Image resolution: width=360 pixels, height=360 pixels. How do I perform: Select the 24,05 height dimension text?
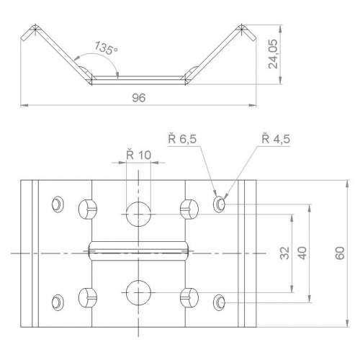click(273, 54)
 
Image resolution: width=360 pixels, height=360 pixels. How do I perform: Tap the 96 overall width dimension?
click(139, 98)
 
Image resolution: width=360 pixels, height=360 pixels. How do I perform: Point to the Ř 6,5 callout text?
click(182, 139)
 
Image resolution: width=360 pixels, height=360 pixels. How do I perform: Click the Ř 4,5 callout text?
click(276, 139)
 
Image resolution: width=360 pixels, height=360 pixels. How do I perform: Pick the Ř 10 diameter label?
click(139, 155)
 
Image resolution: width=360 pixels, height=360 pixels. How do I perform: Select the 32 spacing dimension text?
click(284, 253)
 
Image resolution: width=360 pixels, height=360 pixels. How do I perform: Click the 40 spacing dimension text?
click(302, 253)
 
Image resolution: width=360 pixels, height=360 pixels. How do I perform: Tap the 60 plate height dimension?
click(340, 253)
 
